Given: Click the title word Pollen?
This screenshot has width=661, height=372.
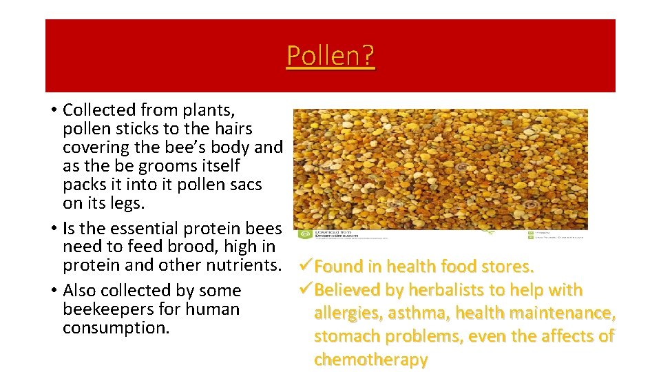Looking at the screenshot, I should (330, 55).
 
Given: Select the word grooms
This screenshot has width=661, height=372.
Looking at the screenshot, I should (164, 166).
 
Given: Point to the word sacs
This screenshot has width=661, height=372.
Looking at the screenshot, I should (244, 185).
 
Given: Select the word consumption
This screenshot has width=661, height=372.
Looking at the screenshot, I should (116, 328).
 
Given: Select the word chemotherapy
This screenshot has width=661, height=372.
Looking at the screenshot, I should (370, 360).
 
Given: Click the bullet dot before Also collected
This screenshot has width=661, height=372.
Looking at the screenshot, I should (53, 291).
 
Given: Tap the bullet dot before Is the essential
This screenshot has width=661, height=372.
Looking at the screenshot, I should (53, 229).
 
